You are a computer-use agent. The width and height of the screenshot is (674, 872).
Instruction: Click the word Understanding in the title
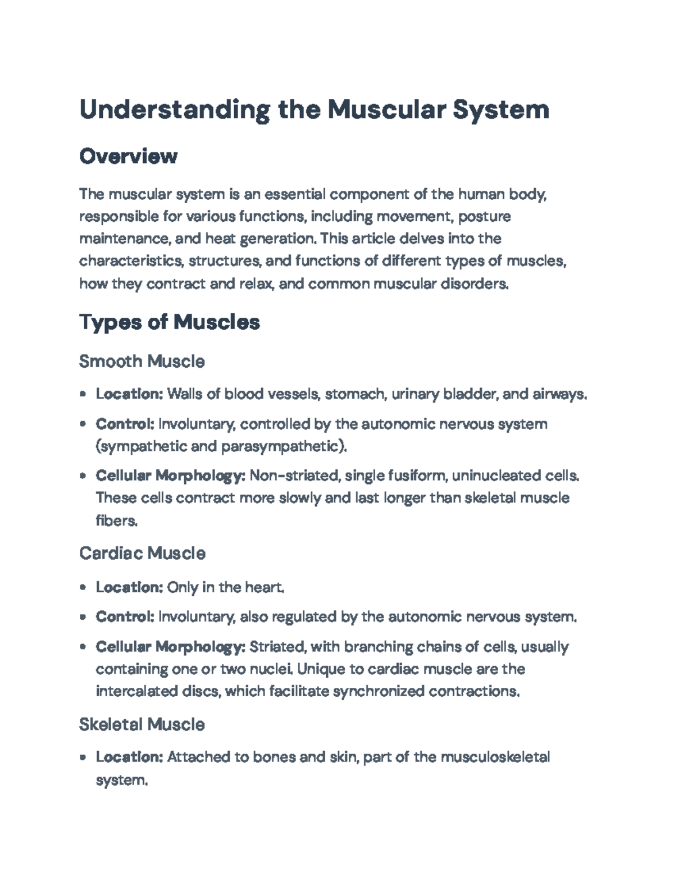coord(174,109)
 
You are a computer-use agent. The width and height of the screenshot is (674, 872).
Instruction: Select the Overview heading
coord(128,156)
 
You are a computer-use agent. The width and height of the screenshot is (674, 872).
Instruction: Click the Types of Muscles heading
coord(169,322)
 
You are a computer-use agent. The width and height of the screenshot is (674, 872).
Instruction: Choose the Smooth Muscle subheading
coord(142,361)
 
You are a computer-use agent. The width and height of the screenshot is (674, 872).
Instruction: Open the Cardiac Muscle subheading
coord(142,554)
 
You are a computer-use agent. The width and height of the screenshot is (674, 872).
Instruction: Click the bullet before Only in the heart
coord(83,588)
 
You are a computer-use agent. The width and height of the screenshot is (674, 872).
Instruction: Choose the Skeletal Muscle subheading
coord(142,724)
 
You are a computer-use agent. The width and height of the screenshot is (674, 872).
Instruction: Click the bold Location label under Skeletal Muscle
coord(129,757)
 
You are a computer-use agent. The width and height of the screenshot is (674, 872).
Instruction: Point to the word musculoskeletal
coord(495,757)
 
